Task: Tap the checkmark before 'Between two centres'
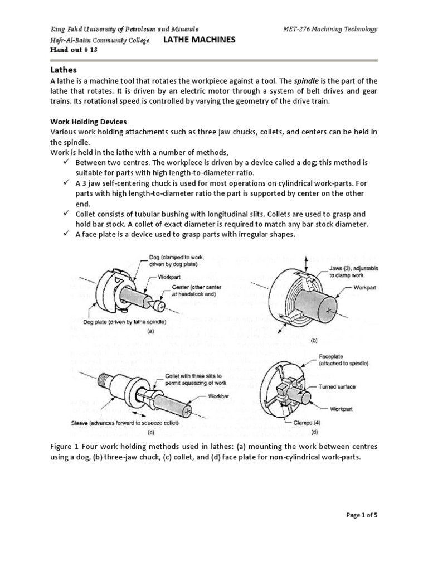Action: [x=65, y=162]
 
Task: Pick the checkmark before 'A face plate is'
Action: [x=65, y=234]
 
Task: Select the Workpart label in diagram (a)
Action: [x=171, y=276]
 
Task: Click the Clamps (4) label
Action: [x=310, y=423]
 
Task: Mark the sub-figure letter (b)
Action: [x=314, y=340]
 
